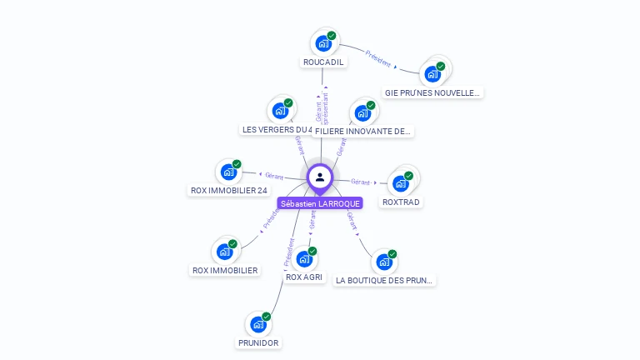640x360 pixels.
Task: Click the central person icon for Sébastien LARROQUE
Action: click(x=320, y=177)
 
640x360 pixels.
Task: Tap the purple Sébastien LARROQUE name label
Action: click(x=320, y=203)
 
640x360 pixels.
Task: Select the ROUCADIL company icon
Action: click(x=323, y=42)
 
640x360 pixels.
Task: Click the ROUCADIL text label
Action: click(x=323, y=62)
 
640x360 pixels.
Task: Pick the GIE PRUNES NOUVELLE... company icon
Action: click(x=432, y=73)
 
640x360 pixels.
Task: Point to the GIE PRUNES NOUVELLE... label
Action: click(x=432, y=92)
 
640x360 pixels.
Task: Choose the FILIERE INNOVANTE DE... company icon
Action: click(x=362, y=112)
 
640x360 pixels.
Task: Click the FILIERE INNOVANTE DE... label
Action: click(x=363, y=131)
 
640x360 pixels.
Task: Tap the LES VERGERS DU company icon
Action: click(x=280, y=110)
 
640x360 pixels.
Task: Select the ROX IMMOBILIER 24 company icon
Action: click(x=228, y=172)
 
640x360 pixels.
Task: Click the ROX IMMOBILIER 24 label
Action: click(x=229, y=190)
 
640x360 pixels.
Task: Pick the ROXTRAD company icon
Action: click(x=401, y=182)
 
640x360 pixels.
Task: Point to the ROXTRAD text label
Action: click(x=401, y=202)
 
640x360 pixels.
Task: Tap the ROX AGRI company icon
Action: click(x=304, y=258)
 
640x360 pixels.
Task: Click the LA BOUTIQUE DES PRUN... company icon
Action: click(x=384, y=262)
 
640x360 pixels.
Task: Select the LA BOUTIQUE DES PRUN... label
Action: click(x=385, y=281)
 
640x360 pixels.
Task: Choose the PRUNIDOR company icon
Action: click(x=258, y=323)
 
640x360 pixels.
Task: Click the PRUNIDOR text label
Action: click(x=258, y=342)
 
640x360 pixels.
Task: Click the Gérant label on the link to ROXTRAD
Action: click(x=360, y=182)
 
